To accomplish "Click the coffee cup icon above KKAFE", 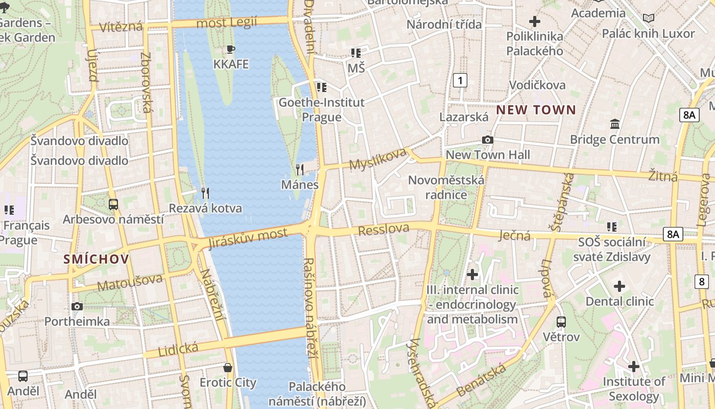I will coord(231,49).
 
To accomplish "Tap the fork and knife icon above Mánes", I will coord(300,169).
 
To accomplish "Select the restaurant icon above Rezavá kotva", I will coord(205,193).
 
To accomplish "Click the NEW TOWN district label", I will coord(536,109).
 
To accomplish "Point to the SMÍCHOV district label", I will coord(96,259).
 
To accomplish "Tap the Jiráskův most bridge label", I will coord(248,239).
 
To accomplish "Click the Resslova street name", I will coord(384,230).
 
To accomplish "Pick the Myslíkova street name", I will coord(378,158).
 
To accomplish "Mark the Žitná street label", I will coord(663,176).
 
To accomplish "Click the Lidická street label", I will coord(178,350).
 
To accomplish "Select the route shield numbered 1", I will coord(460,80).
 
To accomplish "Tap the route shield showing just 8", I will coord(702,281).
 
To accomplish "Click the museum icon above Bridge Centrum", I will coord(615,124).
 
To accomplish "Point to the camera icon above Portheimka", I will coord(77,306).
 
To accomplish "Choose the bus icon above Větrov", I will coord(561,322).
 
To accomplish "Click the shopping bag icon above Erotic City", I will coord(228,367).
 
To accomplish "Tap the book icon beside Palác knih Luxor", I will coord(649,18).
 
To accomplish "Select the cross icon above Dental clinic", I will coord(619,286).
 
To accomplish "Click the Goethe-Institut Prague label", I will coord(321,109).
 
